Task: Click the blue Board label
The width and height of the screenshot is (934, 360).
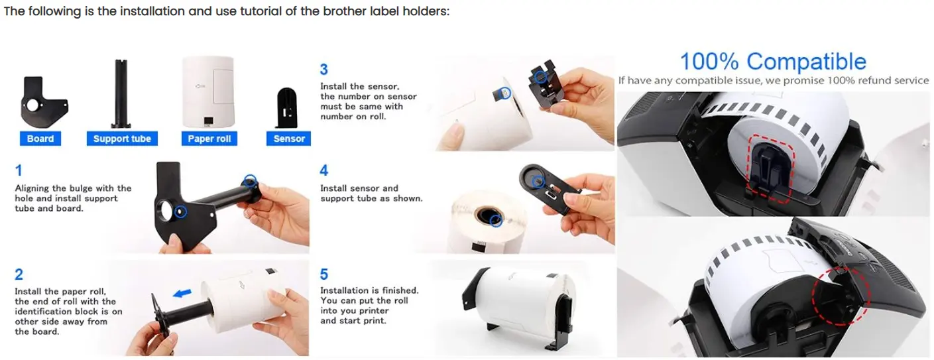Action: coord(40,139)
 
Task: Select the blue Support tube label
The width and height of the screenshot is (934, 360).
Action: coord(122,139)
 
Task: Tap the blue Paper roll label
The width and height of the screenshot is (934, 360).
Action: coord(209,139)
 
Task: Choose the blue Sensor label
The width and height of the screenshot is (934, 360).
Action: coord(289,139)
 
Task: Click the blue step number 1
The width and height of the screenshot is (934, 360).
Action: coord(19,170)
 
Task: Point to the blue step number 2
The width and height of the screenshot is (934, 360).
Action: coord(19,274)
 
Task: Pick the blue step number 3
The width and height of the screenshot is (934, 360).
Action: coord(324,70)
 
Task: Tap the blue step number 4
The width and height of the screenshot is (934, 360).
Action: coord(324,171)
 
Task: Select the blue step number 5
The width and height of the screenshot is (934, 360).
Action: coord(324,274)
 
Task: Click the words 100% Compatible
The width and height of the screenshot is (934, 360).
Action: coord(773,62)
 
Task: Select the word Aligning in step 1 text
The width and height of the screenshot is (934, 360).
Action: coord(32,188)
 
